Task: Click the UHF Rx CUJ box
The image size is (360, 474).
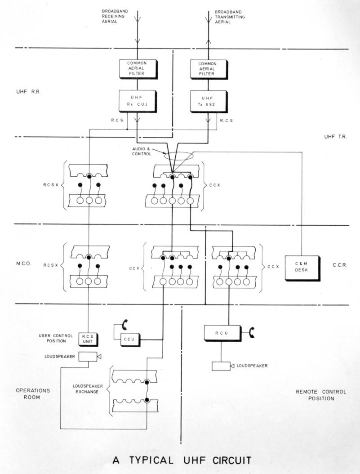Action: pos(138,101)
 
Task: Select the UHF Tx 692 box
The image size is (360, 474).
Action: pos(209,102)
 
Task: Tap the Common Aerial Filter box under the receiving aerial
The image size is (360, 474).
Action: pos(138,69)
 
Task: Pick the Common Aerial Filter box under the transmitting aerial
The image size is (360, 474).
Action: pos(209,69)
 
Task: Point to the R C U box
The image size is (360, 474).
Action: pos(223,333)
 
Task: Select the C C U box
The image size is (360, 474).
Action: pos(131,340)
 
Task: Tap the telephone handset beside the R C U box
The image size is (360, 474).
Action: pos(252,332)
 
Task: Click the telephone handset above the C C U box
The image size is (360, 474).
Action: pos(125,325)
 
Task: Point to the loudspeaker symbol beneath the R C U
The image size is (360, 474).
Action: pos(223,366)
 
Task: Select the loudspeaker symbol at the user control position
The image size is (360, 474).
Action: pos(90,357)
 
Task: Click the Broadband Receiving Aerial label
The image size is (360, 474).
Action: pos(115,16)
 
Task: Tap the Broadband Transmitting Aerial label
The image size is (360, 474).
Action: pos(230,17)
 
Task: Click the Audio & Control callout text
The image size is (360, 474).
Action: pos(141,151)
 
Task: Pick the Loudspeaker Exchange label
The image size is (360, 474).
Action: pos(88,389)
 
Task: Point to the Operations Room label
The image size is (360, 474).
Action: pos(33,394)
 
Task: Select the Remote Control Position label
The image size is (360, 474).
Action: pos(321,395)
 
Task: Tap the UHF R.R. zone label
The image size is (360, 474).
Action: pos(28,92)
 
